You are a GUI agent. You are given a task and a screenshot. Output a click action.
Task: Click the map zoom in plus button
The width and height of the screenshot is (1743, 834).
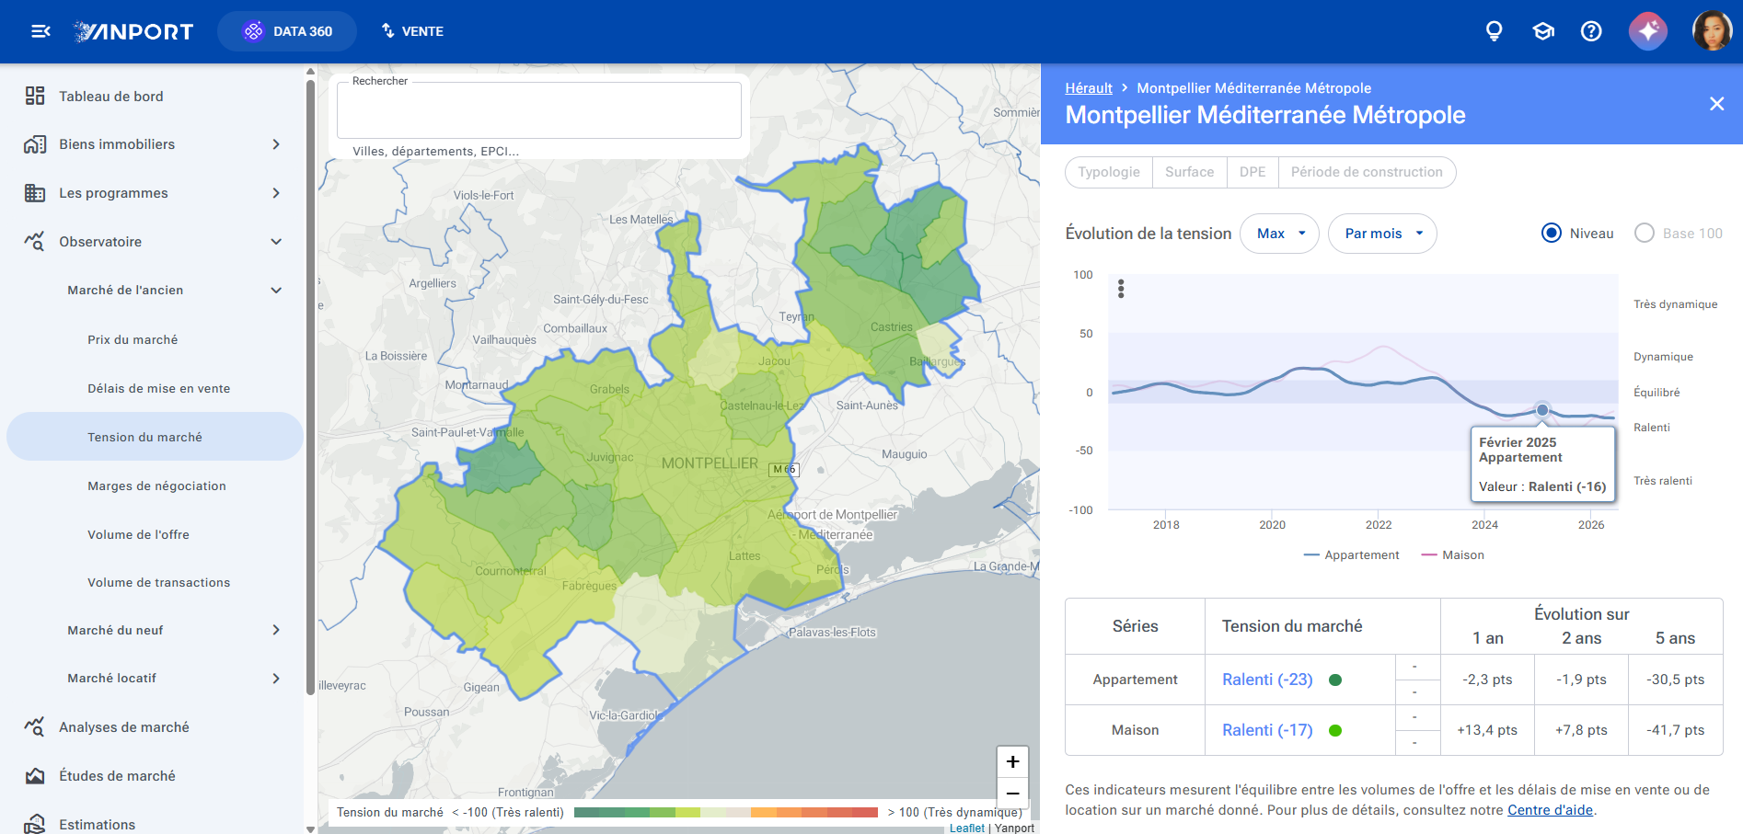click(x=1012, y=761)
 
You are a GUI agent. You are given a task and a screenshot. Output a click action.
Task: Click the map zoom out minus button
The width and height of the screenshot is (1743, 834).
click(x=1012, y=793)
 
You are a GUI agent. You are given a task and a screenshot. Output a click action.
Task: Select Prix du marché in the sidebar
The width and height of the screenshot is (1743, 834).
click(x=133, y=339)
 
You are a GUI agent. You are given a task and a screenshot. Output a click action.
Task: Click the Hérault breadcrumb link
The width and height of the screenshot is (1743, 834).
click(x=1089, y=88)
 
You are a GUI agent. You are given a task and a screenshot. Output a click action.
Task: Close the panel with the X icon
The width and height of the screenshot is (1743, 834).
click(x=1716, y=104)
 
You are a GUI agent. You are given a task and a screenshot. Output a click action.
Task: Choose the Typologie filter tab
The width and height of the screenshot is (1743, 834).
click(x=1109, y=172)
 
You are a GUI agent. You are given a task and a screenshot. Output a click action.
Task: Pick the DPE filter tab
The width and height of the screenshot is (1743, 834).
click(x=1252, y=172)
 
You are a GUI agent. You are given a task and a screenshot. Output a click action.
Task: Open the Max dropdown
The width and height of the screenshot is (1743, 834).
click(x=1279, y=234)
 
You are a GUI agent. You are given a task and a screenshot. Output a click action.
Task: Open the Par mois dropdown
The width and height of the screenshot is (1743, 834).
click(x=1382, y=234)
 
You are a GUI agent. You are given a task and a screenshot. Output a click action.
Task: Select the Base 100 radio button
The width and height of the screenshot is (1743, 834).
click(x=1645, y=234)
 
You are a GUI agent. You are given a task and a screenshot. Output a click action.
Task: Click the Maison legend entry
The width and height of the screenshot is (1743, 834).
click(x=1453, y=555)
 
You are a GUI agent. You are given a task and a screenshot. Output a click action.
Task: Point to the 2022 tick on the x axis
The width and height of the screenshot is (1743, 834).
click(x=1379, y=525)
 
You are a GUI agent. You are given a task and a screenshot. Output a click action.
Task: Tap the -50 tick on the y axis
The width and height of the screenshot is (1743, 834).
click(x=1084, y=451)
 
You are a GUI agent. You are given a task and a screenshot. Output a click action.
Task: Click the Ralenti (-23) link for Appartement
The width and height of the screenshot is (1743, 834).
click(x=1267, y=680)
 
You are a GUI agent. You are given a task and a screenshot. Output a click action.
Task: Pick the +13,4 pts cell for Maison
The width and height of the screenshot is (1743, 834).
click(x=1487, y=730)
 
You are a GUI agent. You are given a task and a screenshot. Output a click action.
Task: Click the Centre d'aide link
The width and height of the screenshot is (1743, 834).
click(x=1550, y=810)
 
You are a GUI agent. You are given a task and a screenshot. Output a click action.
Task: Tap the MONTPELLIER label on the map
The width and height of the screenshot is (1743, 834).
click(x=710, y=463)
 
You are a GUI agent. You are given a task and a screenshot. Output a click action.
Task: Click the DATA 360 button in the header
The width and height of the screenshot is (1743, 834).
click(x=287, y=31)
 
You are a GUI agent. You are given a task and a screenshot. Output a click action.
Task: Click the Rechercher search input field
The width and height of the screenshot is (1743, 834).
click(x=539, y=110)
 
